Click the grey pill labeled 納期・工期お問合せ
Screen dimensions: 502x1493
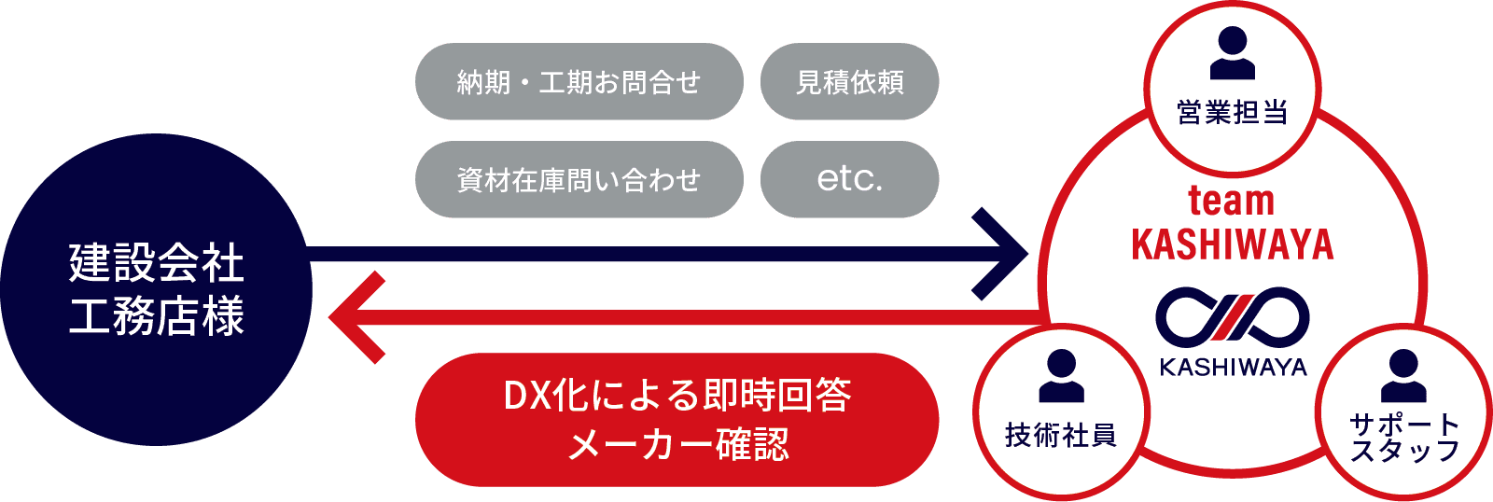579,82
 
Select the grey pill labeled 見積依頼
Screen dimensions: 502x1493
849,82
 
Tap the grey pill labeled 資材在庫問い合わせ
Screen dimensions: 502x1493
579,179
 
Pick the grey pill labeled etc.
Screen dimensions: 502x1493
849,179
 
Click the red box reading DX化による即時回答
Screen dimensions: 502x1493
677,396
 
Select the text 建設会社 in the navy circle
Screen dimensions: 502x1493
157,263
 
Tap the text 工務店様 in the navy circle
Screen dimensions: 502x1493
157,315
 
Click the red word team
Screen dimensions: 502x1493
1232,201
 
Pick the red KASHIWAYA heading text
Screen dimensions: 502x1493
1232,244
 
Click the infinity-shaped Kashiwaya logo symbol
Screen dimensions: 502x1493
1232,318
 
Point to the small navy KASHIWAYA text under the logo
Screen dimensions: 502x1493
1233,368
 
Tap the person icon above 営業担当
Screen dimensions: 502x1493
1232,53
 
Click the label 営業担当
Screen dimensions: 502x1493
1232,113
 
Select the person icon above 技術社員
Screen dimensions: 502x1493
1061,376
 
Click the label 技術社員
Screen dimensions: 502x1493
1061,435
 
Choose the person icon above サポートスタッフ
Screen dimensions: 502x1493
1402,376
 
